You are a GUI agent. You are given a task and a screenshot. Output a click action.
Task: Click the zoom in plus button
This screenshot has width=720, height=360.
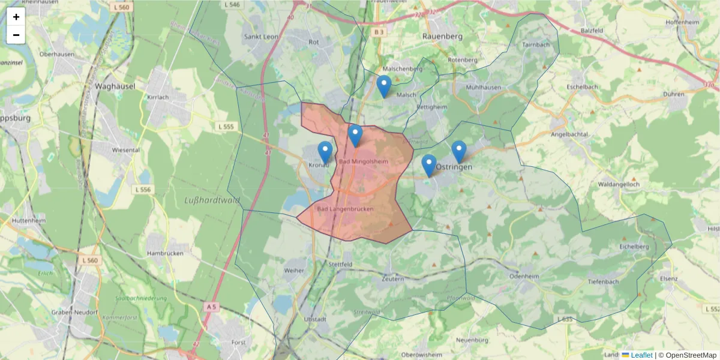tap(16, 17)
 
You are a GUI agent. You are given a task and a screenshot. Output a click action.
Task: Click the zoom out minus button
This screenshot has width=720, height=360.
tap(16, 35)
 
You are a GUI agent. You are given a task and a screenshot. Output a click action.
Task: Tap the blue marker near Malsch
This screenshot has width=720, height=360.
tap(384, 86)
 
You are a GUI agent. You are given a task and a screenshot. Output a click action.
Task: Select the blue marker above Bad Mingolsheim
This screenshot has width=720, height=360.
tap(355, 136)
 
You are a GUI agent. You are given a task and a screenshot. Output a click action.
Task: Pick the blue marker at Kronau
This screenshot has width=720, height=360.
tap(325, 152)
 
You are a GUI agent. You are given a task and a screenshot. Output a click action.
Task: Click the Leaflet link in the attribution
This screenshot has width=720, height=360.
tap(641, 355)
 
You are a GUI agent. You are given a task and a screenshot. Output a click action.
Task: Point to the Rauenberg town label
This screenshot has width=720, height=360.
tap(443, 36)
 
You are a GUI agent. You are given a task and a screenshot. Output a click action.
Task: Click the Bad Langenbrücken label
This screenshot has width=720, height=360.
tap(345, 209)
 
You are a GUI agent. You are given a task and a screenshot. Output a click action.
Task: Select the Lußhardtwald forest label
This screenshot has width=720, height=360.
tap(212, 200)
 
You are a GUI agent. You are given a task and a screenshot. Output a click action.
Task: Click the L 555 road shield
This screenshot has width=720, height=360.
tap(227, 127)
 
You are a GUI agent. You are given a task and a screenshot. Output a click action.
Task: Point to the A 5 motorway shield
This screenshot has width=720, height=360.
tap(211, 307)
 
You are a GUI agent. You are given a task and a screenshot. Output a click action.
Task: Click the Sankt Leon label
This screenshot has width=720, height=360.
tap(261, 37)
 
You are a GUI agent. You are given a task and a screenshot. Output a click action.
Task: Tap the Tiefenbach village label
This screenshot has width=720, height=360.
tap(603, 281)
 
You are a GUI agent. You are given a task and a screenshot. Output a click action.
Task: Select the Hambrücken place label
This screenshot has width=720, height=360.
tap(165, 254)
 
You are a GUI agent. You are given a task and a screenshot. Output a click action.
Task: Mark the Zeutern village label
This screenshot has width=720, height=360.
tap(393, 279)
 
